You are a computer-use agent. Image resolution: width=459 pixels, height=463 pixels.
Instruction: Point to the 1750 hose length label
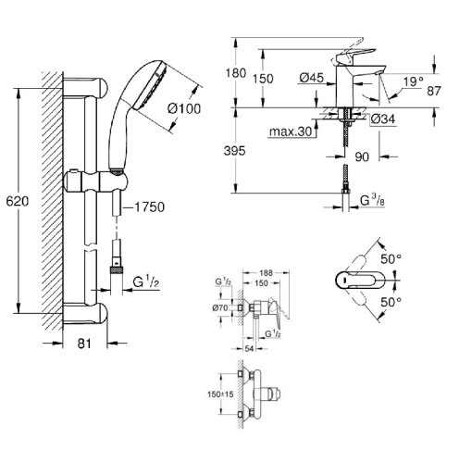tap(148, 207)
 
